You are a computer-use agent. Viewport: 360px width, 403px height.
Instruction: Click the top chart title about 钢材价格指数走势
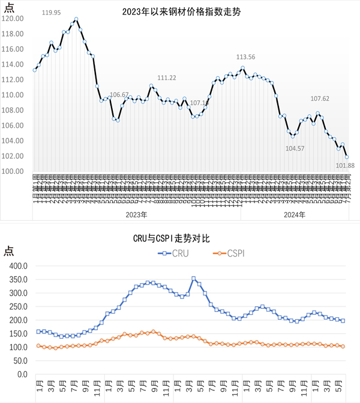point(181,11)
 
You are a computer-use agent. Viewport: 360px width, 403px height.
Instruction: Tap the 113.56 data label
point(246,57)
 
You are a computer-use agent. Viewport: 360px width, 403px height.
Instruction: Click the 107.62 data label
point(320,98)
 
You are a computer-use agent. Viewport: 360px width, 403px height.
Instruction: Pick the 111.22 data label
point(167,78)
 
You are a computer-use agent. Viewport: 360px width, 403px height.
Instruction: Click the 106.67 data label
point(119,95)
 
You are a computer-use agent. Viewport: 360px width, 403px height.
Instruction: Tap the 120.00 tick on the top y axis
point(13,19)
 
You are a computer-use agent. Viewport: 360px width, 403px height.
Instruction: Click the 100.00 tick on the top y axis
point(13,171)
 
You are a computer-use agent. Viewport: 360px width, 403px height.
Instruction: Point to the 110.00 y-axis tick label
point(13,95)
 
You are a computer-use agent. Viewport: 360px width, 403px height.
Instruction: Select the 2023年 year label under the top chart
point(136,214)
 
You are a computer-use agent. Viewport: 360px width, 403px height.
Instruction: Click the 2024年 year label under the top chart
point(295,214)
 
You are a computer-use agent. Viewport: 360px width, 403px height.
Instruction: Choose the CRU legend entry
point(174,254)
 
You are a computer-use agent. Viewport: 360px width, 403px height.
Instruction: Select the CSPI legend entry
point(229,254)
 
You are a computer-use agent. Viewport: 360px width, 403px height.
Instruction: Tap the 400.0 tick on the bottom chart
point(19,266)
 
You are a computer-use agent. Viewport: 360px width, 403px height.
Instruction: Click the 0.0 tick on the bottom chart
point(22,374)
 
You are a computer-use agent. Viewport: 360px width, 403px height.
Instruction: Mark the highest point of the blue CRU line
point(193,279)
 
